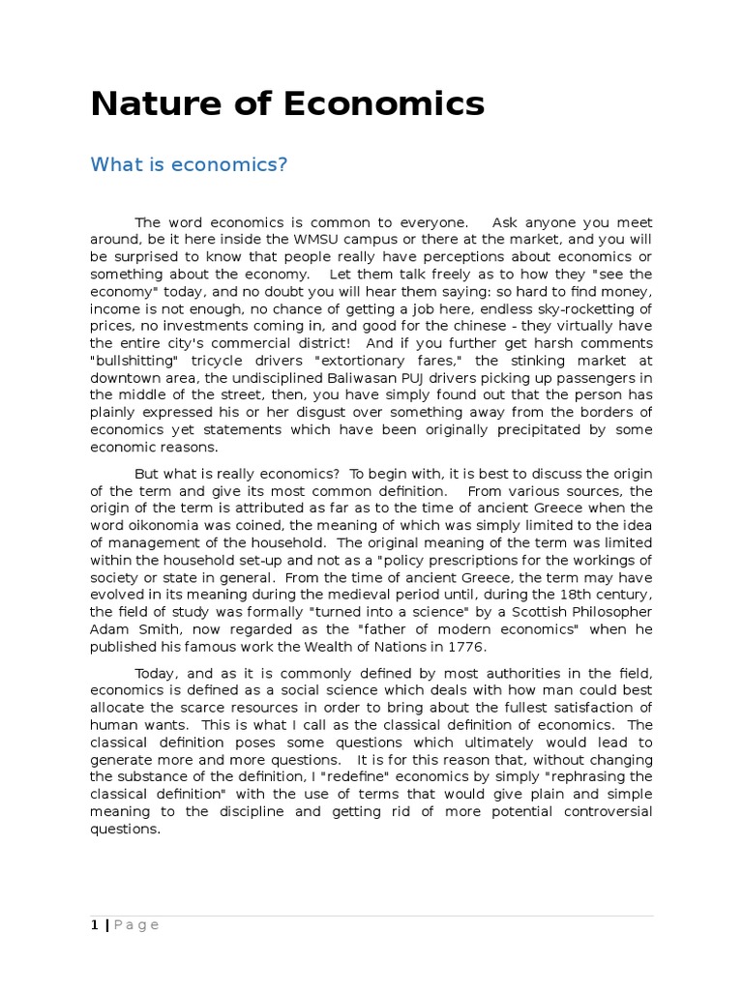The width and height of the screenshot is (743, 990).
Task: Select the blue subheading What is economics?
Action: click(x=190, y=164)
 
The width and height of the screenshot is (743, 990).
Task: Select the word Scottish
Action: click(x=505, y=612)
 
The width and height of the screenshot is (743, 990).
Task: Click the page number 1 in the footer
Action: click(x=94, y=924)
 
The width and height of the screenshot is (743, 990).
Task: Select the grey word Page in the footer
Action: click(x=136, y=924)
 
